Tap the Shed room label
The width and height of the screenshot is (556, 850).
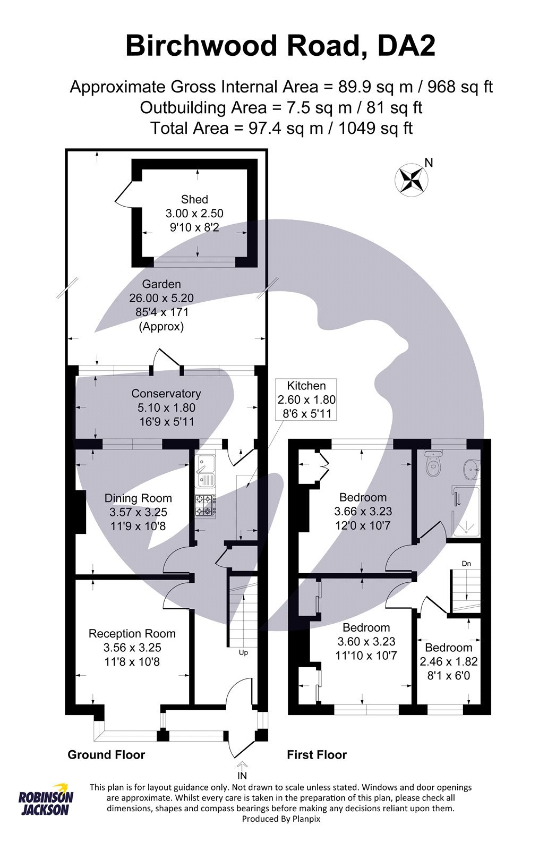click(194, 199)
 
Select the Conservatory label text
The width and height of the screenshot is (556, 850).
click(166, 394)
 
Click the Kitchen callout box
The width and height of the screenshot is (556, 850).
click(306, 399)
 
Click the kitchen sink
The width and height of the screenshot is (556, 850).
click(205, 471)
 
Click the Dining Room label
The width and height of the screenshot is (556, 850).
click(138, 498)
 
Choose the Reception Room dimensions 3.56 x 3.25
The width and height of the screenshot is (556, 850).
click(132, 648)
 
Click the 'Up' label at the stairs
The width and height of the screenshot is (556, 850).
click(243, 652)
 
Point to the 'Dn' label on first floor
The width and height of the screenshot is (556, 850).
click(466, 563)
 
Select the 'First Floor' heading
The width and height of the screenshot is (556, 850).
click(317, 755)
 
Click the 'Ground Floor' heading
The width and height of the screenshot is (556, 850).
click(106, 755)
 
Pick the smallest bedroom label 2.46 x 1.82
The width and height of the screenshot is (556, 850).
click(448, 662)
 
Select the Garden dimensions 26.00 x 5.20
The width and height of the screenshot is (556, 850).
click(161, 298)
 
